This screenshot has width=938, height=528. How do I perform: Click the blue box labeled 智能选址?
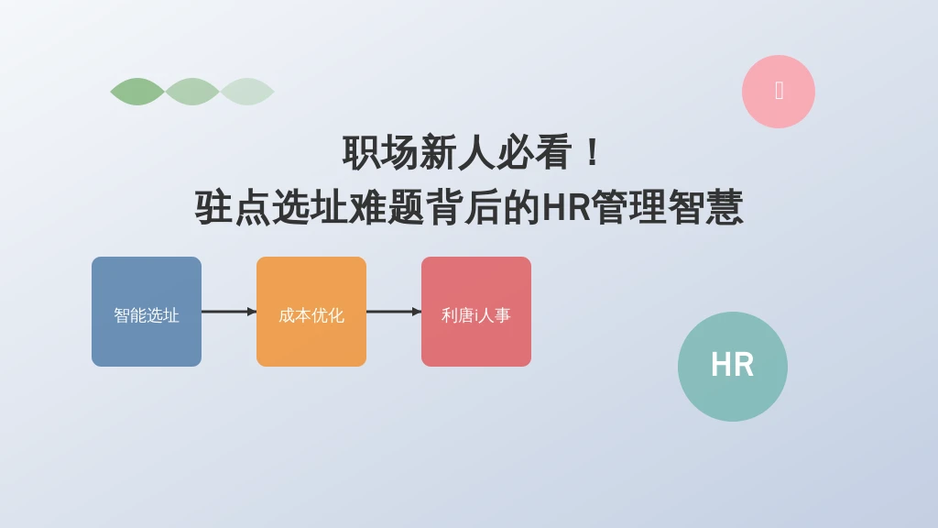tap(147, 312)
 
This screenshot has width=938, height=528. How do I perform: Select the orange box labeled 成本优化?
tap(311, 312)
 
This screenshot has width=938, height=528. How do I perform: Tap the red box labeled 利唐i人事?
tap(476, 312)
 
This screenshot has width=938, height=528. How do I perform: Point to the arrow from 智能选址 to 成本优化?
tap(229, 312)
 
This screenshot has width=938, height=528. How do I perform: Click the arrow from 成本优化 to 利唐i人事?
tap(394, 312)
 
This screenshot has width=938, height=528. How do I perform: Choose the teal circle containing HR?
tap(732, 367)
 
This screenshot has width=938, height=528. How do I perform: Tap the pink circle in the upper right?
tap(779, 92)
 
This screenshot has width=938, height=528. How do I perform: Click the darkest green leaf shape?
tap(137, 92)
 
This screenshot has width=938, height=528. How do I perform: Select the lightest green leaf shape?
tap(247, 92)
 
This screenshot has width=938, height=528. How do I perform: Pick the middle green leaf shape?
tap(192, 92)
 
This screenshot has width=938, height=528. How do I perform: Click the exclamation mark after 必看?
tap(593, 153)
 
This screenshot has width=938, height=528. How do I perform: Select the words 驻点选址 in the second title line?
tap(271, 207)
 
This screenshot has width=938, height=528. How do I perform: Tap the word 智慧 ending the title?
tap(705, 207)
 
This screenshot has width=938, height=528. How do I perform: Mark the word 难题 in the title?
tap(386, 207)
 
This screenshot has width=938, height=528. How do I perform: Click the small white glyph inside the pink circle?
tap(779, 91)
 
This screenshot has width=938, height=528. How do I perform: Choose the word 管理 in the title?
tap(629, 207)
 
